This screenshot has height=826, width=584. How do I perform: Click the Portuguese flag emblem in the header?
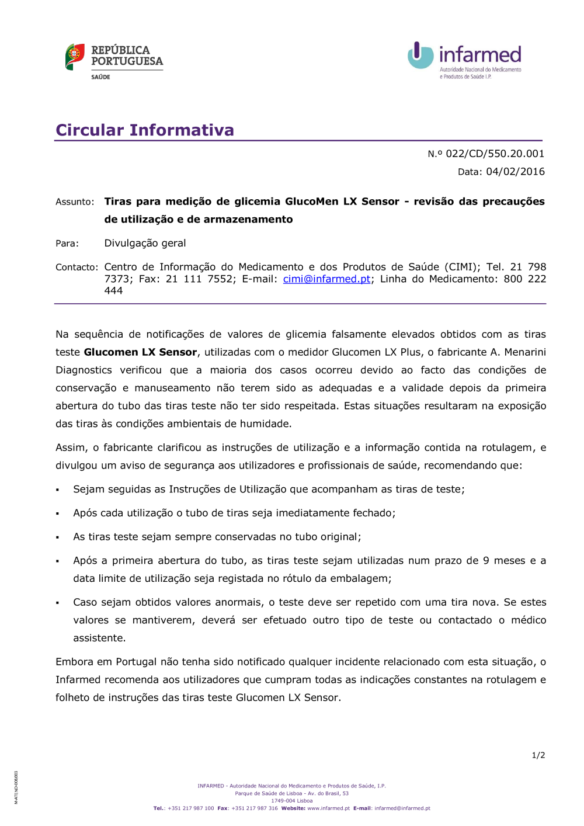pyautogui.click(x=75, y=57)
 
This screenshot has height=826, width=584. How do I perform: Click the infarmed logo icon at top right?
pyautogui.click(x=420, y=55)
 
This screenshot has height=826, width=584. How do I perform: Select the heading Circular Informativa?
pyautogui.click(x=145, y=130)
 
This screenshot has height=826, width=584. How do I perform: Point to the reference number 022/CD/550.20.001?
pyautogui.click(x=495, y=154)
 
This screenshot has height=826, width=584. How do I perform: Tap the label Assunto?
pyautogui.click(x=75, y=202)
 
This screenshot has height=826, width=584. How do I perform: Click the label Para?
pyautogui.click(x=67, y=244)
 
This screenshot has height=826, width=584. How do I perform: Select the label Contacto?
pyautogui.click(x=77, y=268)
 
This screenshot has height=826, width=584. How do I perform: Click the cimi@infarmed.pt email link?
pyautogui.click(x=326, y=279)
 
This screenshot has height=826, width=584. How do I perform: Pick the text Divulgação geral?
pyautogui.click(x=145, y=244)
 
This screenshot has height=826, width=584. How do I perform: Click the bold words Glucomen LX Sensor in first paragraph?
pyautogui.click(x=140, y=352)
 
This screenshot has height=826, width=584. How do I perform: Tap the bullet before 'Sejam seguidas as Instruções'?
pyautogui.click(x=58, y=490)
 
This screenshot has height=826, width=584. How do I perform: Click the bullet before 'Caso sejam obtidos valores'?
pyautogui.click(x=58, y=603)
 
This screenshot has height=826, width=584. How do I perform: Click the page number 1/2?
pyautogui.click(x=538, y=755)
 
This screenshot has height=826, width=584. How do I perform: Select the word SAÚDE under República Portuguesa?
pyautogui.click(x=100, y=77)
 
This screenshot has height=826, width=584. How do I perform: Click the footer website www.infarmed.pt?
pyautogui.click(x=328, y=808)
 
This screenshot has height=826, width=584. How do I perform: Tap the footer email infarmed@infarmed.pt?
pyautogui.click(x=402, y=808)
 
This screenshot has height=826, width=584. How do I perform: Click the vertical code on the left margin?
pyautogui.click(x=16, y=787)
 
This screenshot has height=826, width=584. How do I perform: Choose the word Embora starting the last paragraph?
pyautogui.click(x=74, y=662)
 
